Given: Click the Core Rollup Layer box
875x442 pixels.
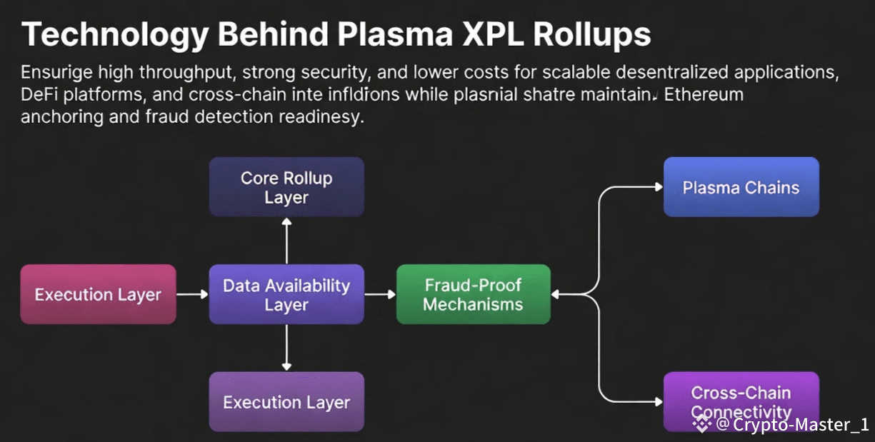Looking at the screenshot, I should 286,187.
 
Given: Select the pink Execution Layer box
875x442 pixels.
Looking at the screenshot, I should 98,294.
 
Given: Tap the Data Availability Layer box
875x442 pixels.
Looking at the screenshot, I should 286,294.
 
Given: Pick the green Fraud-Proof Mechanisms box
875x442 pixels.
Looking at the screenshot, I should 474,294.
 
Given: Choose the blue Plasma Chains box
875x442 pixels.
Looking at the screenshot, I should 741,187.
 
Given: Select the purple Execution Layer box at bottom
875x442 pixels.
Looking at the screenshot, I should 286,401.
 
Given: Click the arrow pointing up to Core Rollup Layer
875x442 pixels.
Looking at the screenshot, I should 286,241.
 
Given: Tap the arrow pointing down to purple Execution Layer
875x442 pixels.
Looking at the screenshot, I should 286,348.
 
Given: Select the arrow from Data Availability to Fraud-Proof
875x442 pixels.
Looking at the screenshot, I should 380,294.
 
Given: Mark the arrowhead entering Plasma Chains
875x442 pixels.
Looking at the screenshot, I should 658,187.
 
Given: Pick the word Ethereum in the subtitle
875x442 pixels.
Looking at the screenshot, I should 704,94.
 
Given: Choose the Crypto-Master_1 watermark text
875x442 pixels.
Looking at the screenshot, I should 800,425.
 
